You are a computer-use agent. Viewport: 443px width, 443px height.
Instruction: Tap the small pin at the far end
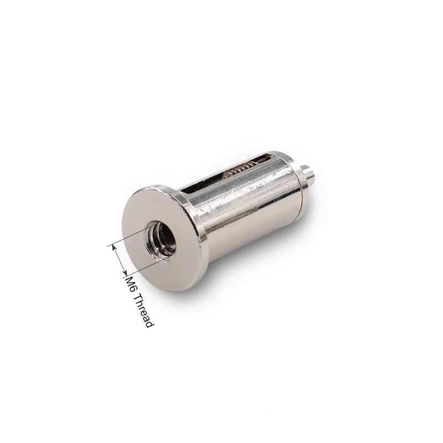pyautogui.click(x=310, y=174)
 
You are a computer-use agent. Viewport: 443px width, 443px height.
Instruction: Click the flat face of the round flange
pyautogui.click(x=158, y=238)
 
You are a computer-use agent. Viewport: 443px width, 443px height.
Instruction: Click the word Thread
pyautogui.click(x=145, y=311)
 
